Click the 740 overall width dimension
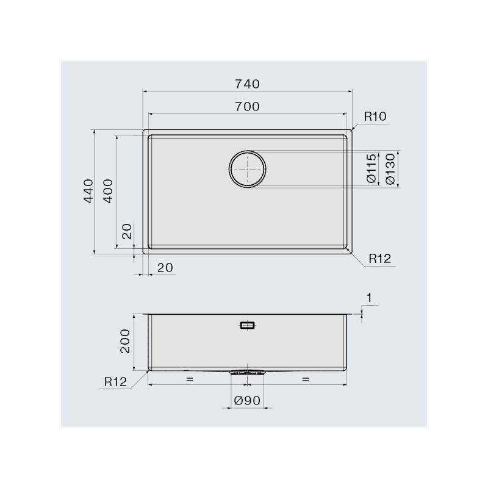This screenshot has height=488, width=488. point(247,84)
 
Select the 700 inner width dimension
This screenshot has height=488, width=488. point(247,107)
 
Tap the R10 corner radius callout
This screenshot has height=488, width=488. point(375,117)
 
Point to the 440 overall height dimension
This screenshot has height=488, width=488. point(88,191)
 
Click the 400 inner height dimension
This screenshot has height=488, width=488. point(108,191)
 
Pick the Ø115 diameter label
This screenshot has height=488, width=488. point(372,168)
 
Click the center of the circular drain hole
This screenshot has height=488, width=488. point(248,169)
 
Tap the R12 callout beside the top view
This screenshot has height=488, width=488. point(379,258)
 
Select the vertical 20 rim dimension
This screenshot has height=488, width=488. point(127,232)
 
